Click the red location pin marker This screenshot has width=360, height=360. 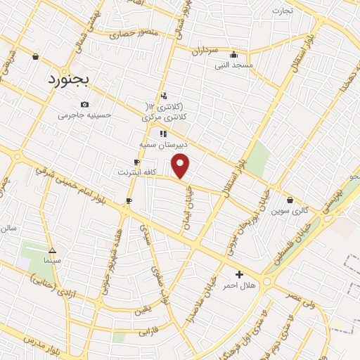coord(181,167)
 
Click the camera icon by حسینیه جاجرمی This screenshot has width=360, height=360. coord(84,104)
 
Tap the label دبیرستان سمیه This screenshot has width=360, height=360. coord(163,144)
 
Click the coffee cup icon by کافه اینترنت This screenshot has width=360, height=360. coord(136,162)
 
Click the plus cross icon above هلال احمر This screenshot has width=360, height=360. coord(239,274)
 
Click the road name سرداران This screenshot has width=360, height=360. coord(205,51)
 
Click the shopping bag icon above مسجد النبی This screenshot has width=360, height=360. coord(233,55)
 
